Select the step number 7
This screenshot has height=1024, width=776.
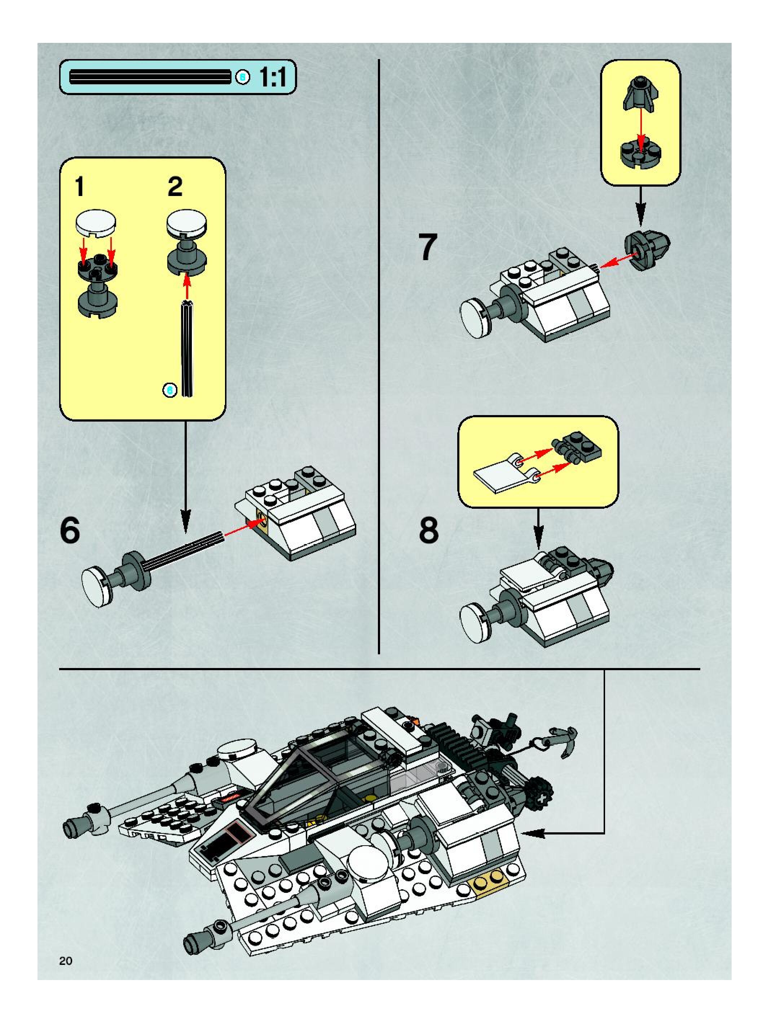point(428,247)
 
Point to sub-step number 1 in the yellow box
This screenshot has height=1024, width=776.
point(80,187)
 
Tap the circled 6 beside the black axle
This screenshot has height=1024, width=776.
point(170,390)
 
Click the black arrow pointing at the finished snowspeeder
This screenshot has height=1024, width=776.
point(537,834)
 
